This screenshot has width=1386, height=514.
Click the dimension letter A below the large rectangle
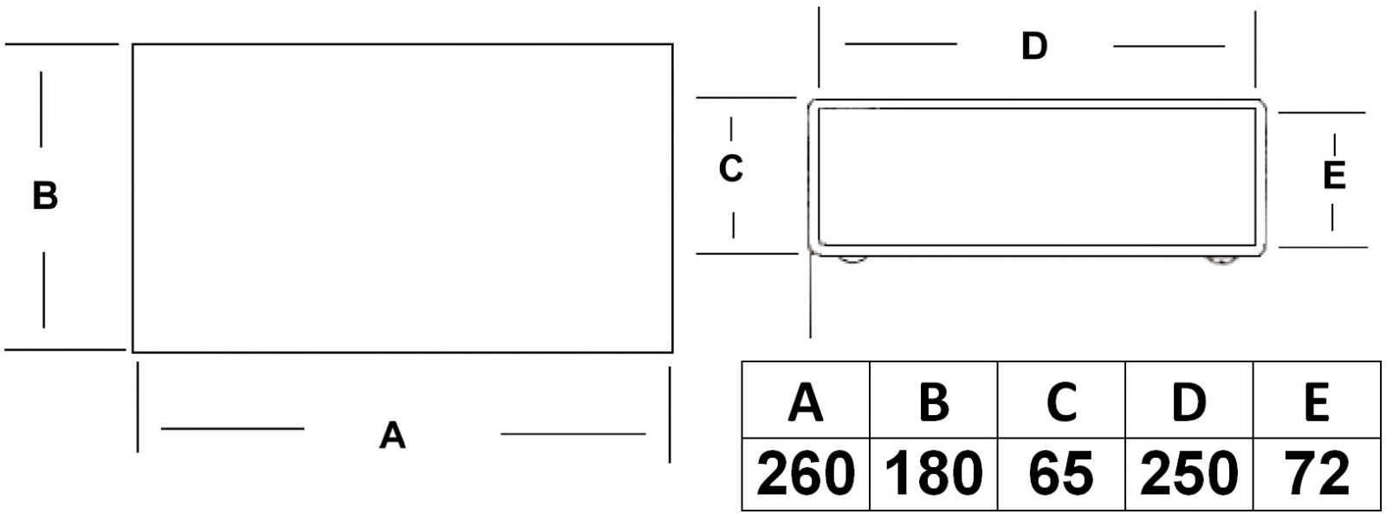392,435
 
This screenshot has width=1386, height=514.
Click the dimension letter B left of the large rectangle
45,196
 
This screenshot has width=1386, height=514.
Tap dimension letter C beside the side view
731,169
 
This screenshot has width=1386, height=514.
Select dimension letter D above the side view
1034,46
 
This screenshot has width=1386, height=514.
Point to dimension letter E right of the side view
1334,176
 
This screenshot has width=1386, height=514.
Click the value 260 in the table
806,474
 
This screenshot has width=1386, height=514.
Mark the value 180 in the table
933,474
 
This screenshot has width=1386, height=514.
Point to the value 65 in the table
1061,474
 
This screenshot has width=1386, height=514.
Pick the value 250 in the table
1188,474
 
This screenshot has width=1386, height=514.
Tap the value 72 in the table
1317,474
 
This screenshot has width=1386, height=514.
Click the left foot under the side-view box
853,259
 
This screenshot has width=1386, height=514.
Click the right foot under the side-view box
1221,259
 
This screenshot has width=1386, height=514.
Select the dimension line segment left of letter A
232,428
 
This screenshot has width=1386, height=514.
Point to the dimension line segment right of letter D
1169,46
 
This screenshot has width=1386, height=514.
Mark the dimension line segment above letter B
41,109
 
